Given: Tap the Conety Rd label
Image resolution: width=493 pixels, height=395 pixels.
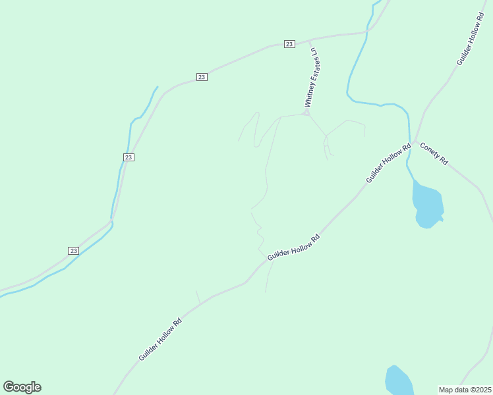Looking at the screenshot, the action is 434,154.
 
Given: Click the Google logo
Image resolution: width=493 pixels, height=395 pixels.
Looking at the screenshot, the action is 22,387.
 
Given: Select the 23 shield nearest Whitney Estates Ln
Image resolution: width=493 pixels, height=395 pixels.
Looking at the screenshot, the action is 289,44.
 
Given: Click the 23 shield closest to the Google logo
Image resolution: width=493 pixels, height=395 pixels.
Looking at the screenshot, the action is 73,251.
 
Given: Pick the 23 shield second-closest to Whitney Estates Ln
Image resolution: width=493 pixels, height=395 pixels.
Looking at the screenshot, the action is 202,77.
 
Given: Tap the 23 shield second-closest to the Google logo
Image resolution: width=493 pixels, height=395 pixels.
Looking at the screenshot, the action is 129,157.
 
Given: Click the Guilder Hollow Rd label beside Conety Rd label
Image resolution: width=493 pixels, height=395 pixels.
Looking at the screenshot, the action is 388,163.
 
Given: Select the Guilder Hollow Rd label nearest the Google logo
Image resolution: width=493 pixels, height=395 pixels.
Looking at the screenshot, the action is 159,340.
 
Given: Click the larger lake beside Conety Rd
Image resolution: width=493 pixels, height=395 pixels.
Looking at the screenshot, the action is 427,205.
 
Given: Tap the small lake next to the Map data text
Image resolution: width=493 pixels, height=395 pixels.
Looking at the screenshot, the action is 399,381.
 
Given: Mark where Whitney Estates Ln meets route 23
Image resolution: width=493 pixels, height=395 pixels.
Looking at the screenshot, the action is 308,40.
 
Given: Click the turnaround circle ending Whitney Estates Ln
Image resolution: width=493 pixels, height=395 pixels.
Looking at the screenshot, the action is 306,113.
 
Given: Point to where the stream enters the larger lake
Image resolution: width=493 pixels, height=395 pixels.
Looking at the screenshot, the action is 414,180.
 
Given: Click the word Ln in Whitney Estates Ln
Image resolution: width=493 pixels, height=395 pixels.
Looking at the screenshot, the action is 314,51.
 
